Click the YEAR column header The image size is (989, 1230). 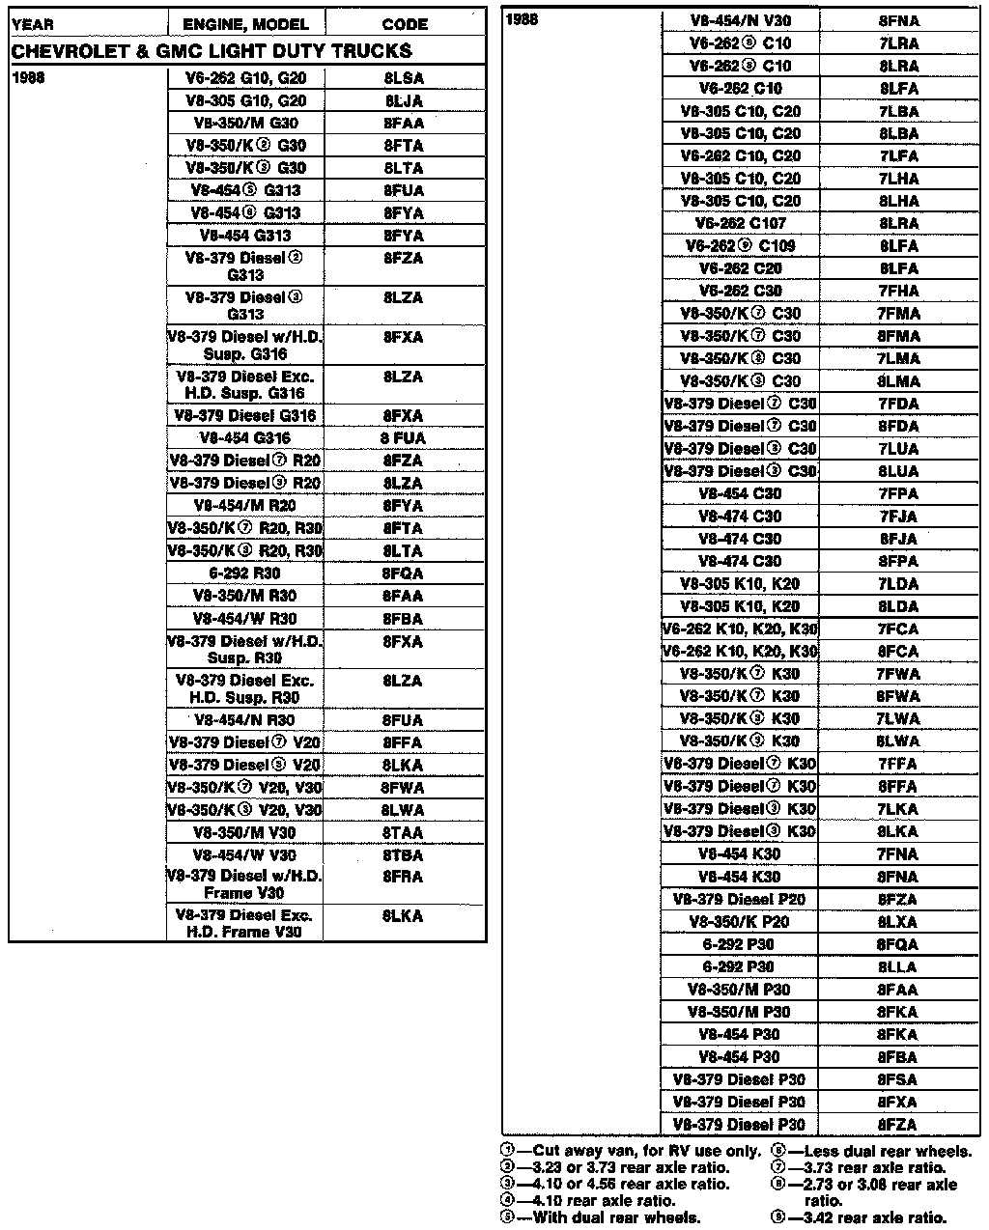[x=33, y=23]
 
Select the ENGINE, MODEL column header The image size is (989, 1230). [x=245, y=23]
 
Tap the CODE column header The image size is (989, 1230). [x=405, y=23]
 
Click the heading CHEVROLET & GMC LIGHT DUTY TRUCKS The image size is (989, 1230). [x=212, y=51]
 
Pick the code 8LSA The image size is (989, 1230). [x=404, y=78]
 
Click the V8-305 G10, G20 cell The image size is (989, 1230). [x=245, y=100]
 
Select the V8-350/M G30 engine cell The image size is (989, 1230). [x=245, y=123]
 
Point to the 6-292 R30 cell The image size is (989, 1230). [x=245, y=573]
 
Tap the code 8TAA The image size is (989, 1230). [x=404, y=832]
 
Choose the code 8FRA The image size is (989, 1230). [x=404, y=877]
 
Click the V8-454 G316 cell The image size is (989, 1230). [x=245, y=438]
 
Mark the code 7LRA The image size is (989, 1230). [x=898, y=43]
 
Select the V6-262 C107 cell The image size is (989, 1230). [x=741, y=223]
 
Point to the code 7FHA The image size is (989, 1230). [x=898, y=291]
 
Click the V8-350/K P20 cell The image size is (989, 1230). [x=741, y=922]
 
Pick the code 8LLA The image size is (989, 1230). [x=898, y=966]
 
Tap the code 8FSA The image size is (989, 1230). [x=898, y=1079]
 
